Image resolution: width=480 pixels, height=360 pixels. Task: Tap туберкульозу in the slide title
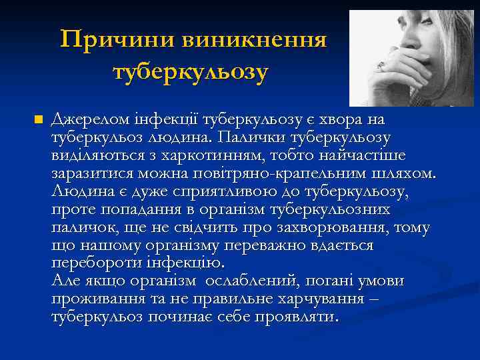(x=191, y=70)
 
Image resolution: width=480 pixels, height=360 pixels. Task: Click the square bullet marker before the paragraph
(x=39, y=119)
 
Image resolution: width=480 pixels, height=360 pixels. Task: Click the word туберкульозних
(x=331, y=210)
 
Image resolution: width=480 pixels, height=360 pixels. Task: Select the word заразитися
(x=91, y=173)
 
